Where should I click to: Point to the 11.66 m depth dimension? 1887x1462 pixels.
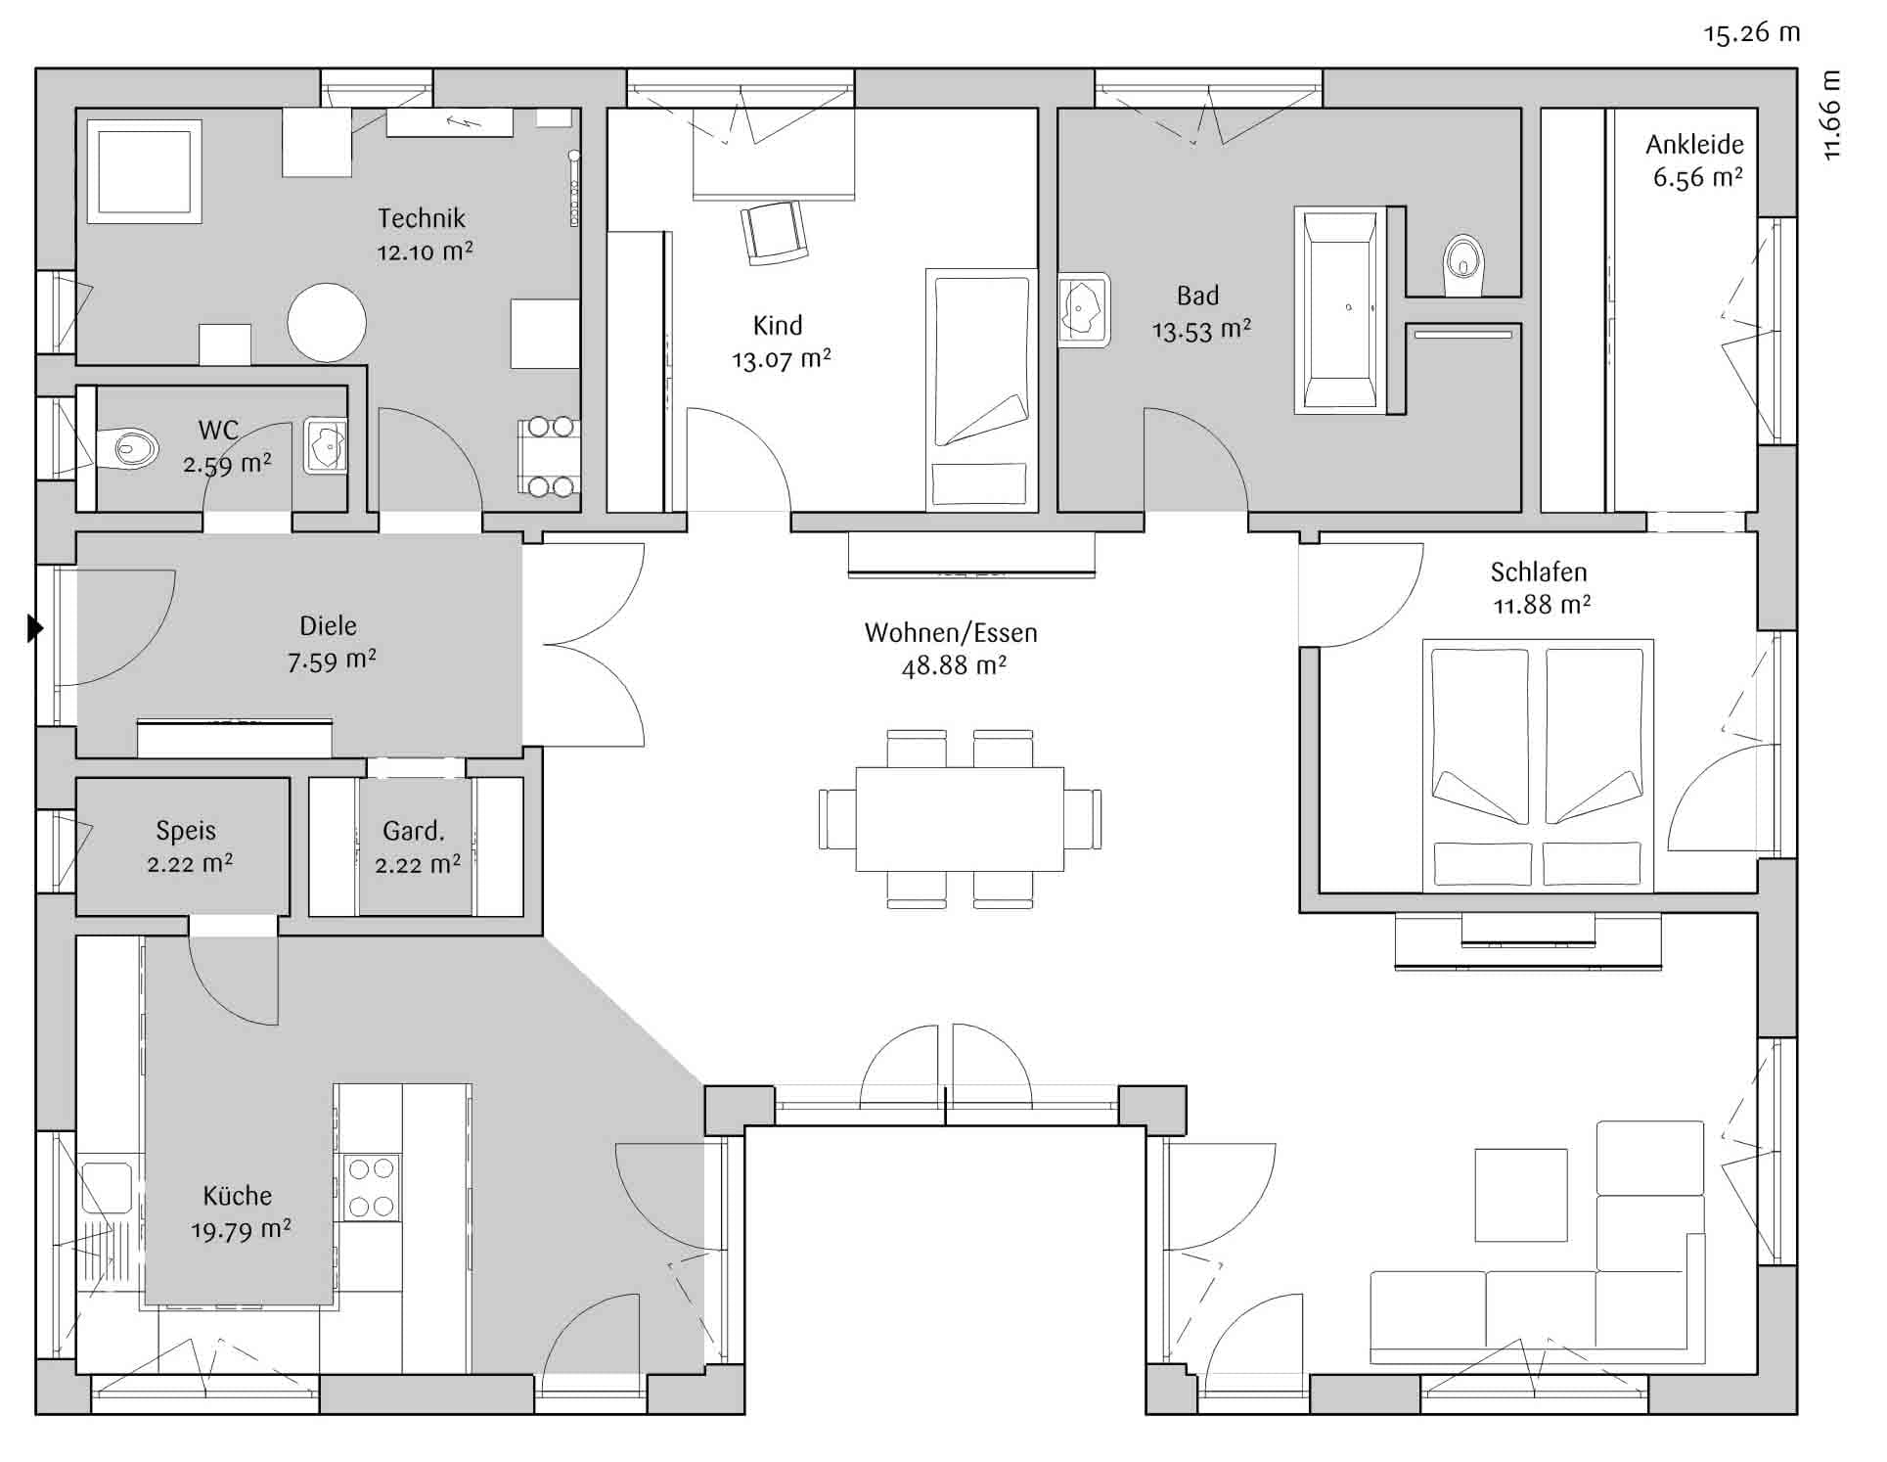[1831, 114]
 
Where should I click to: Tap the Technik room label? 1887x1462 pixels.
[422, 218]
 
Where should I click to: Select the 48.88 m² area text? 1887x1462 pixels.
[954, 666]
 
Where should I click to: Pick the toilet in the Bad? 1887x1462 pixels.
[1463, 264]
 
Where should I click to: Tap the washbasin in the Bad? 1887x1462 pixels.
[1084, 309]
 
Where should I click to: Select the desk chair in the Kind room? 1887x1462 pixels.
[775, 232]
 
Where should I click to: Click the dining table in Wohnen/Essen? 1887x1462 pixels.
[960, 819]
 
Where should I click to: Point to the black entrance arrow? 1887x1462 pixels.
[35, 628]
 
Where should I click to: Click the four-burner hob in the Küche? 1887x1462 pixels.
[371, 1187]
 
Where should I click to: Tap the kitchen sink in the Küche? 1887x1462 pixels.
[106, 1188]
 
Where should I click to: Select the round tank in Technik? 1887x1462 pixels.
[327, 322]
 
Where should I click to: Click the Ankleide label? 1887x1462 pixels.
[1694, 145]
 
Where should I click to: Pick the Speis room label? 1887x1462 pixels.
[186, 831]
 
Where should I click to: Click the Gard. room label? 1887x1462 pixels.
[414, 832]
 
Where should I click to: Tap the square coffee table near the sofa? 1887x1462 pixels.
[1521, 1195]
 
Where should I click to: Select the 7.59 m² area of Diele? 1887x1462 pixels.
[332, 662]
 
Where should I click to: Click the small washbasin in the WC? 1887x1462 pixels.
[325, 445]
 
